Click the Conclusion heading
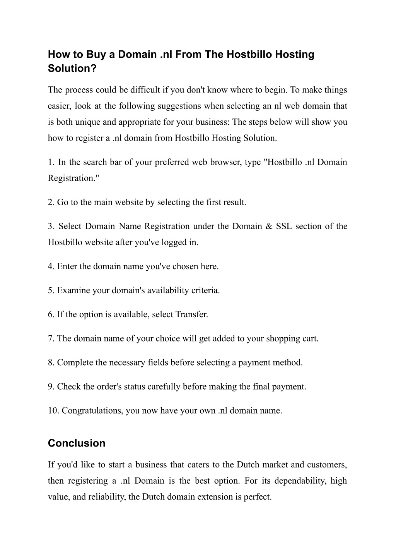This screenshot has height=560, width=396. (77, 443)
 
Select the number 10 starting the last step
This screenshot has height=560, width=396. (53, 411)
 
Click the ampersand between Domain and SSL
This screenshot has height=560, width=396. (269, 226)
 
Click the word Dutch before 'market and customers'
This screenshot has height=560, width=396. (248, 464)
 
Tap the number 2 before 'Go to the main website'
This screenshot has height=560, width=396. (50, 202)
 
